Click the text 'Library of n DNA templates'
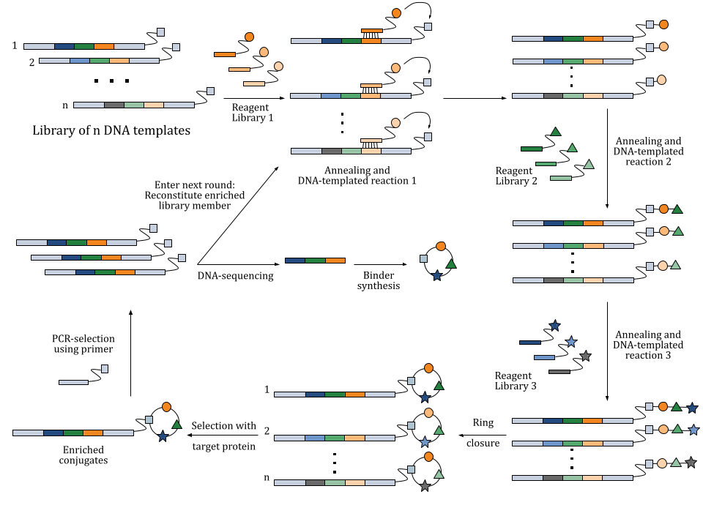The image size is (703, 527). click(111, 131)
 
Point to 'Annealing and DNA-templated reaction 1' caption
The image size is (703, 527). click(357, 175)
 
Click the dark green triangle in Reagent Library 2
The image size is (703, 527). click(555, 132)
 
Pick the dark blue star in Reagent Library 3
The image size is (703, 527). click(554, 325)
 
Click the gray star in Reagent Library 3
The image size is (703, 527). click(585, 356)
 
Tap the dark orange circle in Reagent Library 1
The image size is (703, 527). click(249, 37)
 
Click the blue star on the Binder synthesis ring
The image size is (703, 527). click(437, 276)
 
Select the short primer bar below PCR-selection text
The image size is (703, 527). click(73, 381)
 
